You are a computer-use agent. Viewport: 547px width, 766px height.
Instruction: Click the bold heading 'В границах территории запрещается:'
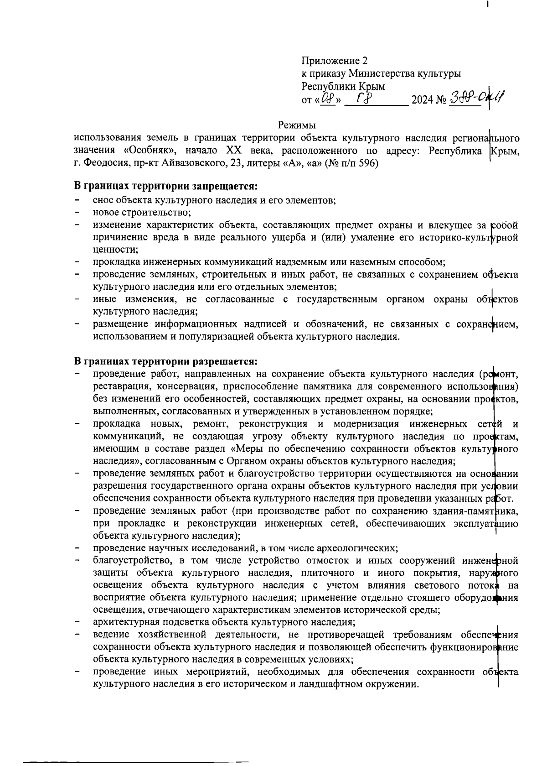166,187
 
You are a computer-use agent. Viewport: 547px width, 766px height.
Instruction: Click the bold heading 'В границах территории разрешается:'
166,361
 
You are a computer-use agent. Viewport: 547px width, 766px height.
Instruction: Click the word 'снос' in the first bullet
103,200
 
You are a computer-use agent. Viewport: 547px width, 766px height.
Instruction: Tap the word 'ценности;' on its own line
115,250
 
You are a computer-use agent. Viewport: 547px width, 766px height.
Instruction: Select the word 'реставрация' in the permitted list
119,386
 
